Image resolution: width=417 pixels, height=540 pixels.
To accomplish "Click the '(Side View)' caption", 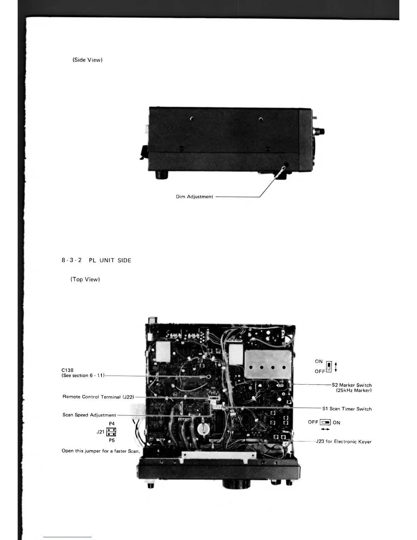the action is click(x=88, y=60).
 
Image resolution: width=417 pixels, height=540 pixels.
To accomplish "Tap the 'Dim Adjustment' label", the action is click(x=194, y=197).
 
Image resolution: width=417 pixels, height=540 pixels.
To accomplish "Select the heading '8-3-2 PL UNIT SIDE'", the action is click(x=96, y=260).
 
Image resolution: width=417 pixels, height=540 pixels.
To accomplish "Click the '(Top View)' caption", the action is click(x=85, y=280).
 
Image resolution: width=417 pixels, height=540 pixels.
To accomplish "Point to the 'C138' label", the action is click(x=67, y=370).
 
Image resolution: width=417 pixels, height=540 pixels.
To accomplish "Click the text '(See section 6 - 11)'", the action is click(x=83, y=375).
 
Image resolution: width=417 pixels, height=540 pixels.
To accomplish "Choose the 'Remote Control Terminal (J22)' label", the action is click(x=98, y=397).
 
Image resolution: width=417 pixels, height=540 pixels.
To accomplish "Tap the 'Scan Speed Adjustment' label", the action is click(x=89, y=415).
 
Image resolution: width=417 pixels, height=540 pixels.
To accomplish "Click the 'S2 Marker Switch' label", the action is click(x=352, y=385).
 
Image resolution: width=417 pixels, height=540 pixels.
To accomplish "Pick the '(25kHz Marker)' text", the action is click(x=354, y=390).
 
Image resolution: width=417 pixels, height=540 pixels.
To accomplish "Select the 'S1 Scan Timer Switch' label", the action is click(x=347, y=409).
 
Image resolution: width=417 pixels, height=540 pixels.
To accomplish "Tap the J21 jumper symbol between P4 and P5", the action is click(x=111, y=432).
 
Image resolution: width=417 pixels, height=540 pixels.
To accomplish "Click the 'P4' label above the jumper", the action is click(x=112, y=424).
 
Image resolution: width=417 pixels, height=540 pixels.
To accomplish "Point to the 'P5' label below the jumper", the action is click(x=112, y=440).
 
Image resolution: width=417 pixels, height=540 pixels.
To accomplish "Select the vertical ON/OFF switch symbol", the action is click(x=329, y=366).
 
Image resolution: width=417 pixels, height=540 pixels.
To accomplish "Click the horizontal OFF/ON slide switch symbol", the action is click(x=325, y=422).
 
